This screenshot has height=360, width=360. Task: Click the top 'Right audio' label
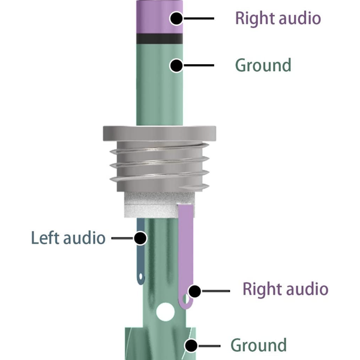(278, 18)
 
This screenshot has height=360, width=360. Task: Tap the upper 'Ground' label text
(263, 65)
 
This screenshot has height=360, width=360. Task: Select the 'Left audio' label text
(68, 238)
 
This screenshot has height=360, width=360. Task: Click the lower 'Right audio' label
(285, 289)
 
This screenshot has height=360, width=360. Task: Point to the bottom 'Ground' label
(259, 345)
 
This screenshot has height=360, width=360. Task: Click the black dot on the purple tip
(176, 19)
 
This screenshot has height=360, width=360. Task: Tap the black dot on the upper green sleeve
(176, 65)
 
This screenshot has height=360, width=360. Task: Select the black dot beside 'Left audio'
(140, 238)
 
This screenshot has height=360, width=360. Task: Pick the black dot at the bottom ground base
(191, 346)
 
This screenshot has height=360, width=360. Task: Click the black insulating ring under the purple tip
(159, 38)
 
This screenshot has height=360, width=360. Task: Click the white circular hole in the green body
(164, 312)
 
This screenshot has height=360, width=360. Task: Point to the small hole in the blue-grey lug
(141, 277)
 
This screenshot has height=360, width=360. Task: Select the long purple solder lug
(185, 246)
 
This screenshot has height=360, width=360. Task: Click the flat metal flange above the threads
(159, 133)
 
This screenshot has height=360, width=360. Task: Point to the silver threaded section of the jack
(159, 168)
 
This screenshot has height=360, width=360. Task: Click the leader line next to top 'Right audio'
(199, 19)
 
